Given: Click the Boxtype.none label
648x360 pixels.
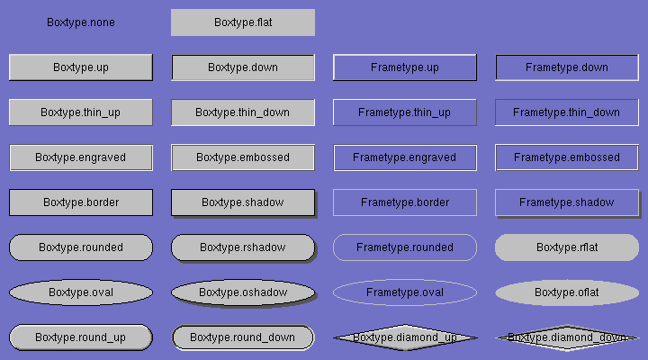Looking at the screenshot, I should coord(81,22).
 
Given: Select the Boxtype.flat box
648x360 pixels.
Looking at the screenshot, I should coord(243,22).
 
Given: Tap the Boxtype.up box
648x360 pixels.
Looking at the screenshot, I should coord(81,67).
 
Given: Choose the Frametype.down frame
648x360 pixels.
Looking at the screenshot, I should coord(567,67).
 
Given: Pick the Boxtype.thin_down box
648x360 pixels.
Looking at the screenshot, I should coord(243,112).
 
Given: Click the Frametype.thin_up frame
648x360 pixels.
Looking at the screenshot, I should coord(405,112).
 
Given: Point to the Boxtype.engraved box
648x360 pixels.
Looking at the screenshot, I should coord(81,157).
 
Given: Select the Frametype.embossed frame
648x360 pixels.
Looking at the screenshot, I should coord(567,157).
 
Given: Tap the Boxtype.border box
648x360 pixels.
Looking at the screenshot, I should coord(81,202).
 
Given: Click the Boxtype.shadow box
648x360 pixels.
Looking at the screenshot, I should coord(243,202).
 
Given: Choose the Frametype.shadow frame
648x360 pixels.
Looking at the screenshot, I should coord(567,202).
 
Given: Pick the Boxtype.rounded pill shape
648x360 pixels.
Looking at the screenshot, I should coord(81,247).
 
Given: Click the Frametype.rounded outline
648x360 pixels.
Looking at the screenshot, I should coord(405,247).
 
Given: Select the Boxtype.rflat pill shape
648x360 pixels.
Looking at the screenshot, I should coord(567,247).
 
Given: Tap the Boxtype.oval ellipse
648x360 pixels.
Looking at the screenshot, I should coord(81,292).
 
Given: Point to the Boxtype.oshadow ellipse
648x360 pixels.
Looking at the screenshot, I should coord(243,292).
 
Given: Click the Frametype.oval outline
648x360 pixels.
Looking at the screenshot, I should coord(405,292).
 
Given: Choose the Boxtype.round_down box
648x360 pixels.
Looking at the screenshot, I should coord(243,337).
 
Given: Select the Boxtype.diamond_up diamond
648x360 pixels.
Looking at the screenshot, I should coord(405,337).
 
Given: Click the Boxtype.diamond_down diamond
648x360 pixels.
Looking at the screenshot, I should coord(567,337).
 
